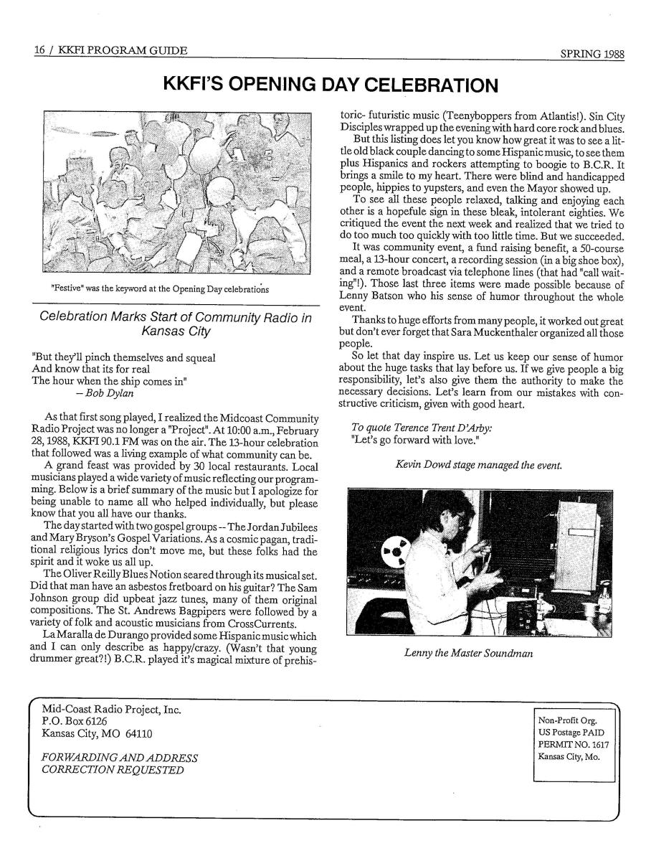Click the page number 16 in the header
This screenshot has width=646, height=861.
click(40, 50)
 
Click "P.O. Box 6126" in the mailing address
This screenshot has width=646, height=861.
click(75, 720)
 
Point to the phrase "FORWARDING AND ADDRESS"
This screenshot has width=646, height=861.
click(120, 757)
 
